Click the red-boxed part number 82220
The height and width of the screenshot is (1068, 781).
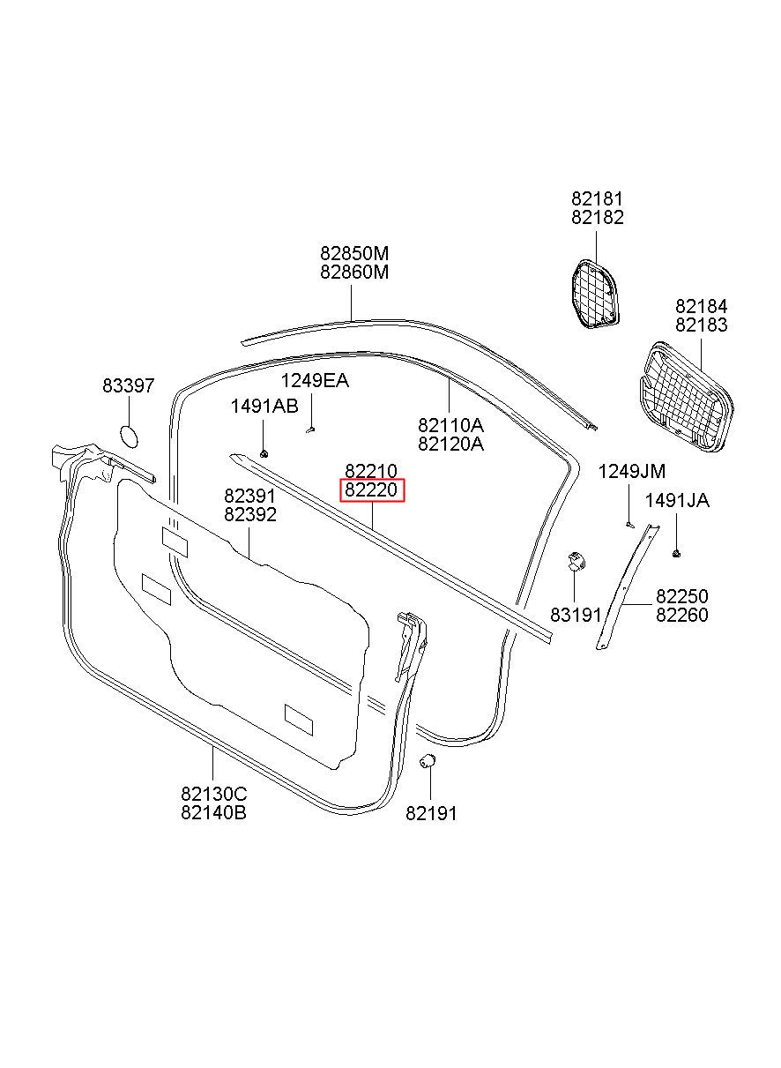(371, 490)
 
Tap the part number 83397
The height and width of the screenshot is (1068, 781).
(128, 386)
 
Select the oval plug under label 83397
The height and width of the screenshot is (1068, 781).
(129, 436)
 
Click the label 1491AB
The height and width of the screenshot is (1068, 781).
(264, 406)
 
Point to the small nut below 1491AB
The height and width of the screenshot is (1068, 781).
(264, 452)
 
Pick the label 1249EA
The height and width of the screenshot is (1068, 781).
(315, 381)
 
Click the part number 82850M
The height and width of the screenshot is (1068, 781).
(353, 254)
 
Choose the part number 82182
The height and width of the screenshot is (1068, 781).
(597, 218)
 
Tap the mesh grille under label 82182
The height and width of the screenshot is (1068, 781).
(592, 294)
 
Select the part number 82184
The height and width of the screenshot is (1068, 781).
(702, 307)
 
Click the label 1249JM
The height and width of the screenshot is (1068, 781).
(632, 471)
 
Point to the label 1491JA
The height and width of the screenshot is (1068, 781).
(677, 501)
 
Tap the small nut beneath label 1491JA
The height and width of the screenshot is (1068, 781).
(676, 553)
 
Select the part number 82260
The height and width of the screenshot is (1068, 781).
(681, 616)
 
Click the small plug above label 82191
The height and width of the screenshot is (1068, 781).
(427, 761)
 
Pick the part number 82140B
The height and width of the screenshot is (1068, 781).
(213, 813)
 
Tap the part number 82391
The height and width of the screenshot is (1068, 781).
(250, 497)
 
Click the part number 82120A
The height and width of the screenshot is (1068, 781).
(450, 444)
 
